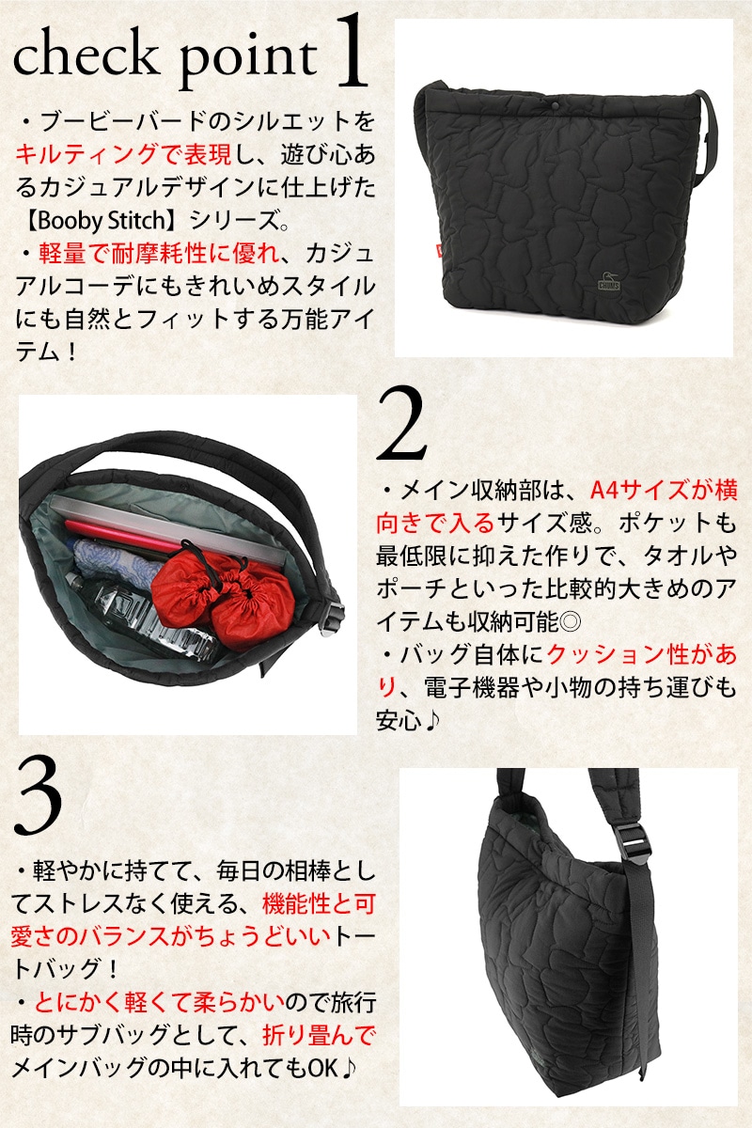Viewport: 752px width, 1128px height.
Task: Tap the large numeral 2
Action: point(401,424)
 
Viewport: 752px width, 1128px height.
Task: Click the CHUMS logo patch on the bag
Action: point(609,284)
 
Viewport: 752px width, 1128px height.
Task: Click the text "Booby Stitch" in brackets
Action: point(102,221)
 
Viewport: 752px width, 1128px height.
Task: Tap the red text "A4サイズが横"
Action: point(664,490)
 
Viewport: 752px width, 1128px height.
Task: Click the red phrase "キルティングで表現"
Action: point(123,153)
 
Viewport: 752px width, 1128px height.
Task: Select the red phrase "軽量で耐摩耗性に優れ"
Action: point(159,253)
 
